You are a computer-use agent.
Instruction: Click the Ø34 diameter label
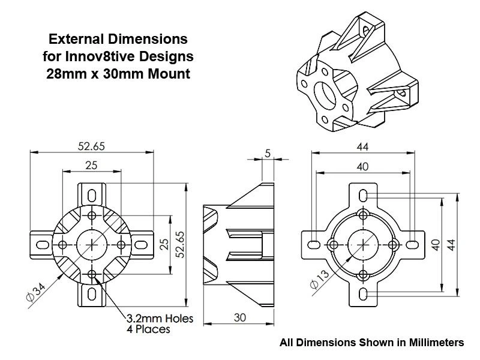[x=36, y=292]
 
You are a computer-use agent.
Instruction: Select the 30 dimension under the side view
[x=239, y=317]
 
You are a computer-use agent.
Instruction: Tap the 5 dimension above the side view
[x=268, y=153]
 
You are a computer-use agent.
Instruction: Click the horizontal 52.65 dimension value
[x=91, y=146]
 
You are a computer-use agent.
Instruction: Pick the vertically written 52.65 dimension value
[x=180, y=244]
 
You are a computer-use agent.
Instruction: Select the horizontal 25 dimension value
[x=91, y=166]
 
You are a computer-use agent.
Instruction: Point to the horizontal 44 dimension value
[x=363, y=147]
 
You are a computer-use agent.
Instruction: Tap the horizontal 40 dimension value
[x=363, y=167]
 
